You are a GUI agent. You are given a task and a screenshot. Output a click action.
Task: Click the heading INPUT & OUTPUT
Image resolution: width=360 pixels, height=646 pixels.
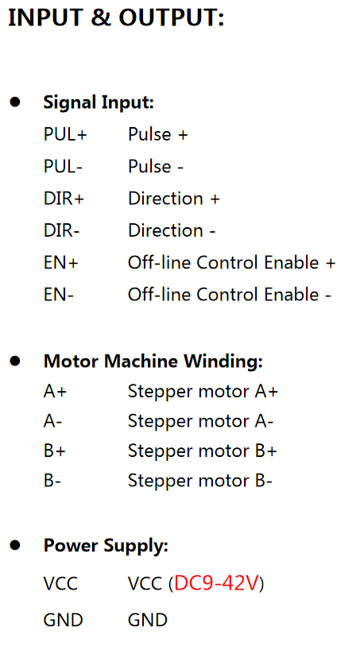[116, 18]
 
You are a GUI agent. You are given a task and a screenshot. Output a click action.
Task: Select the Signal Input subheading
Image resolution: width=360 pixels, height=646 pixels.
[99, 103]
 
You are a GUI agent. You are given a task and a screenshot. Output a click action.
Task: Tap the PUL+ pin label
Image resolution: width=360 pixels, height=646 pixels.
[65, 135]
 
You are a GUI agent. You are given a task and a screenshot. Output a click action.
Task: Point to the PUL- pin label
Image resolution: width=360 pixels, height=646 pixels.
[63, 166]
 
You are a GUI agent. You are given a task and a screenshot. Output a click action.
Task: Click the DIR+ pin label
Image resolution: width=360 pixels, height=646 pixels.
[64, 199]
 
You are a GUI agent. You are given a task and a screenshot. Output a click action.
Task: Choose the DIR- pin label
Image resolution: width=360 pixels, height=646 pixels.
[61, 230]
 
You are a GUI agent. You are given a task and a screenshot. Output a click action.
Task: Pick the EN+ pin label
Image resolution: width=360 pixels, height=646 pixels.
[61, 262]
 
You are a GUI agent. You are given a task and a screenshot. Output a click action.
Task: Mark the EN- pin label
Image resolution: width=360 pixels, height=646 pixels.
[59, 295]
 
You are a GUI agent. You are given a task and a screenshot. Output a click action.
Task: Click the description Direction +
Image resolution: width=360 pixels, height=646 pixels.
[174, 199]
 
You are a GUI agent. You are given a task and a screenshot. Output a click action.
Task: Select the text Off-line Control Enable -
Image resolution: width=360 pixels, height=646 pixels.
[230, 295]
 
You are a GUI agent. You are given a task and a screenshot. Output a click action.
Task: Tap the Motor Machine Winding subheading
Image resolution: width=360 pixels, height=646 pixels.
[153, 362]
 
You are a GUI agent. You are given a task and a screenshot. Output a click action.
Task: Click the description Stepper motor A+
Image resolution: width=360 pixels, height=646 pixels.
[203, 392]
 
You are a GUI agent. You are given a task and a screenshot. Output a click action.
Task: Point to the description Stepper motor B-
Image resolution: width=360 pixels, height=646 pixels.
[200, 481]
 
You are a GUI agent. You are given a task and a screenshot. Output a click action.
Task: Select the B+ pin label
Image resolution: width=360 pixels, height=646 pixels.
[55, 451]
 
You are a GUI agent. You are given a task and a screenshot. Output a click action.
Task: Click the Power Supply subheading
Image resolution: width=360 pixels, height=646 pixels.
[106, 546]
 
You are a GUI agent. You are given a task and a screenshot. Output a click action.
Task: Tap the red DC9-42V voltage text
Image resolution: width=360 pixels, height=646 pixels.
[216, 583]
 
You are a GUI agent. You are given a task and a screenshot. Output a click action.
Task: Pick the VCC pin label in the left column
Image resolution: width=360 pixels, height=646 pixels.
[60, 583]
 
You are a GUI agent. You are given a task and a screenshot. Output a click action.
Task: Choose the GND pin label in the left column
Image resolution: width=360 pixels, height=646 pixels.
[64, 620]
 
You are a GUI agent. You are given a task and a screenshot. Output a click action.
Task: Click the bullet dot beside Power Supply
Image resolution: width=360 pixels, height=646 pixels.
[15, 545]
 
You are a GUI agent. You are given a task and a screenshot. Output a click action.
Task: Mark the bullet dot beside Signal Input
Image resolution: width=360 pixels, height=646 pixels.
[15, 102]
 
